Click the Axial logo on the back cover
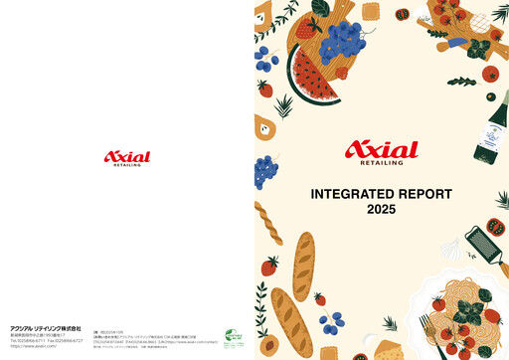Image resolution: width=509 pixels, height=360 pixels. click(x=127, y=157)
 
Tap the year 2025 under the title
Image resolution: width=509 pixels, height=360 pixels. click(x=381, y=210)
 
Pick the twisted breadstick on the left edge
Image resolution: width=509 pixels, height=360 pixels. click(x=267, y=222)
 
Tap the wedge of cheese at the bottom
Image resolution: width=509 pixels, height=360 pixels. click(x=384, y=349)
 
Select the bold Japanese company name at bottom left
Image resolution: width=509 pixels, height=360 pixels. click(x=38, y=328)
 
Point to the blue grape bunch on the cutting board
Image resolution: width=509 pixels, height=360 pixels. click(x=346, y=41)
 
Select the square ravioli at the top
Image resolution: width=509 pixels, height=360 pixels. click(x=372, y=12)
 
